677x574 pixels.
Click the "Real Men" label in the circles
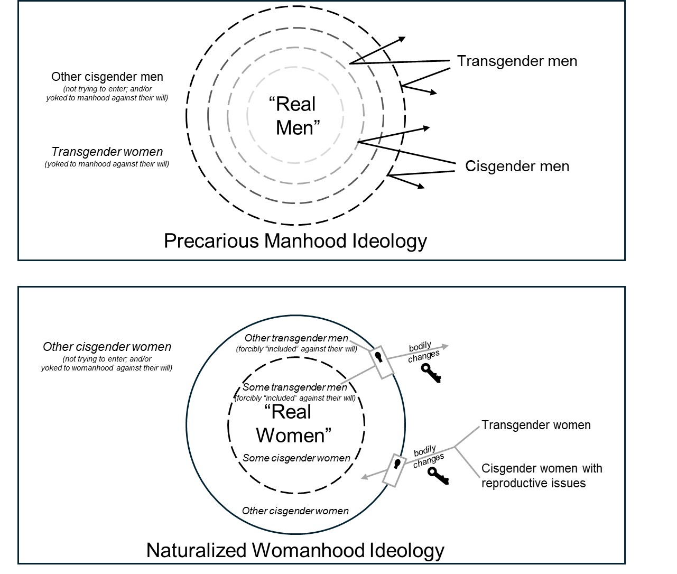click(x=295, y=116)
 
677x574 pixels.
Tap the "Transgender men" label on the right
click(x=517, y=61)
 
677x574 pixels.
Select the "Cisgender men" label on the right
click(x=517, y=166)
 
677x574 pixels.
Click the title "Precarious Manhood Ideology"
click(x=295, y=241)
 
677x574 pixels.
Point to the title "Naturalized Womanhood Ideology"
click(x=295, y=550)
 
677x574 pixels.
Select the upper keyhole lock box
click(x=382, y=363)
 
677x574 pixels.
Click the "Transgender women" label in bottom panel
click(x=536, y=425)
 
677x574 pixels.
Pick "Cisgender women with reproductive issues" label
click(x=541, y=476)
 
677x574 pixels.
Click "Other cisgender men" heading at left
click(x=107, y=77)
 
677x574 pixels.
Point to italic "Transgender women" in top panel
click(x=107, y=152)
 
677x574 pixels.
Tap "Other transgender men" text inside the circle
click(x=296, y=338)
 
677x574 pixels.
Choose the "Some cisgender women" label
click(x=296, y=458)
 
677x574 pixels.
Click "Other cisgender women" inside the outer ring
click(x=295, y=511)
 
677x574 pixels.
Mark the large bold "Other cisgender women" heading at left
click(x=107, y=347)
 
